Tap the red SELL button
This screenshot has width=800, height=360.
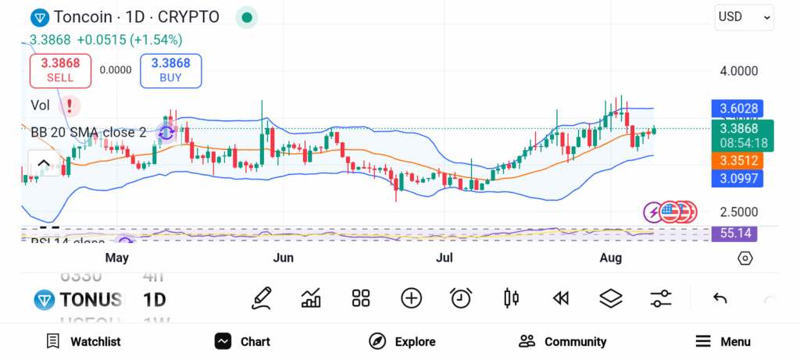[60, 70]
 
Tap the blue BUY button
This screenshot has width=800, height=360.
[170, 70]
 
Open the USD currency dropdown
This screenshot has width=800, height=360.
[744, 17]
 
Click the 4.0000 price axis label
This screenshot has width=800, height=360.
[739, 71]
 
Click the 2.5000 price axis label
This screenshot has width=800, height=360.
[739, 212]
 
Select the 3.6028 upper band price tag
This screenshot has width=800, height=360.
[737, 109]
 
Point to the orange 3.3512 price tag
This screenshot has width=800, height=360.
[737, 160]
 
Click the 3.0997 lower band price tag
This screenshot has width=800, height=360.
[737, 179]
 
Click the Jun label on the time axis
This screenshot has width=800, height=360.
[284, 258]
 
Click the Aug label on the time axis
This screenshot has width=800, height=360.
[611, 258]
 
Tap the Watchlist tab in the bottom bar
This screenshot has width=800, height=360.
[84, 341]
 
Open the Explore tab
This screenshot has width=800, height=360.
[402, 341]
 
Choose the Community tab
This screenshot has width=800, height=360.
[562, 341]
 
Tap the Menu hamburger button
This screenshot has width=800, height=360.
[723, 341]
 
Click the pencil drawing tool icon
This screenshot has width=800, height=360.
[262, 298]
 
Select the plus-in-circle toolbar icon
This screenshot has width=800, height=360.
[411, 298]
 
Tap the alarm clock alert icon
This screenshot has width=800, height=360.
[461, 298]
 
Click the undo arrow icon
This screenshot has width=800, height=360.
[720, 298]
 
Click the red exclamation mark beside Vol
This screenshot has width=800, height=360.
[70, 105]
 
